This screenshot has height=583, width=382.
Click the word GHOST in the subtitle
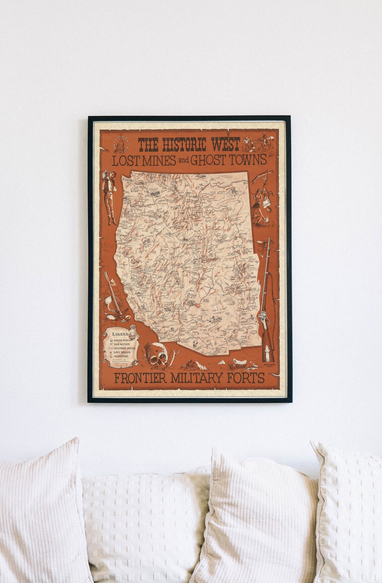[x=207, y=160]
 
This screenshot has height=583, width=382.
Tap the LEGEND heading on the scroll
[x=120, y=334]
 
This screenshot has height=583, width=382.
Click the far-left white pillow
[x=37, y=513]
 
